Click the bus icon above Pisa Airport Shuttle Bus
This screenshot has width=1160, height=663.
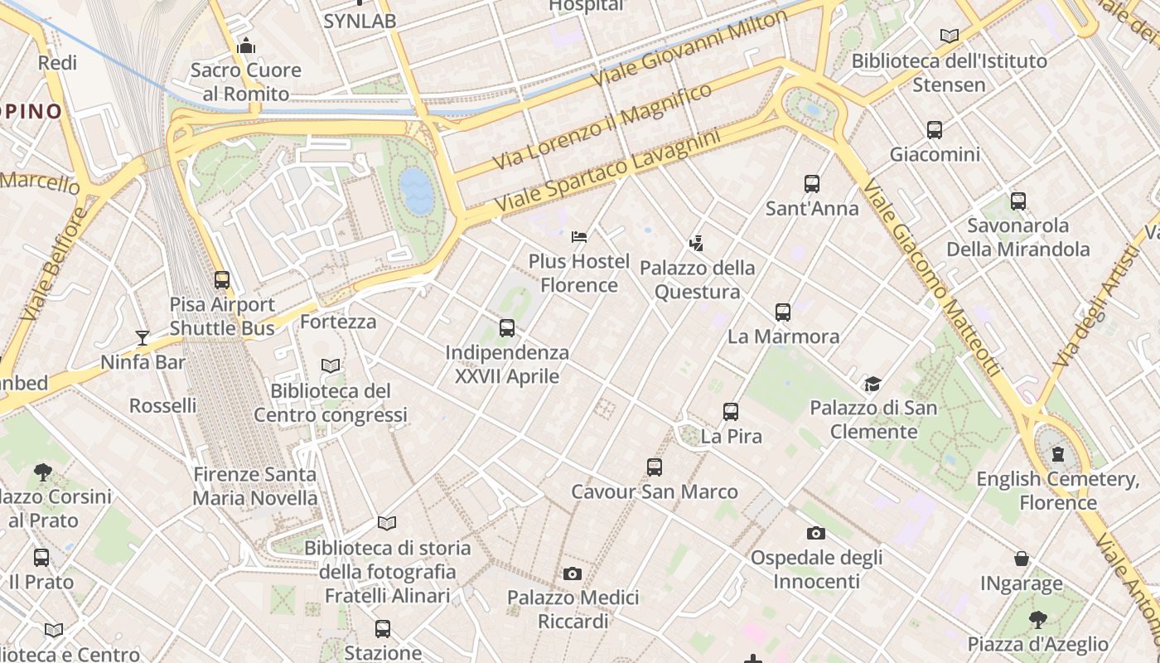coord(221,280)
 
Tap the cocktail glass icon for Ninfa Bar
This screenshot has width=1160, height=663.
coord(143,337)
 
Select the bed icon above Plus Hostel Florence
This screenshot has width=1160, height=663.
coord(579,238)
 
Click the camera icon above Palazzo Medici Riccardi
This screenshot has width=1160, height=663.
coord(572,573)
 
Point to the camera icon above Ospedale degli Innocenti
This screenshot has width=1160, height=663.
coord(816,533)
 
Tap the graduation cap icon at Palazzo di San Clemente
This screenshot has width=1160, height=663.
coord(872,384)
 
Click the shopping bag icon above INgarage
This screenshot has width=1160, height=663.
coord(1022,559)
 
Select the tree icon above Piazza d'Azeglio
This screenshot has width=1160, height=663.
coord(1037,619)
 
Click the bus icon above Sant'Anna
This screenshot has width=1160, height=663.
coord(812,184)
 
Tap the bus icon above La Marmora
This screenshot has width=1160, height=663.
coord(783,312)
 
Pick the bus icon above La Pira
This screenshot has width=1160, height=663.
coord(731,412)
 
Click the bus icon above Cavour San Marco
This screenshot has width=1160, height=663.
coord(655,467)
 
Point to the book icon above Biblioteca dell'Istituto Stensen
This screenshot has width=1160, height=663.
coord(950,36)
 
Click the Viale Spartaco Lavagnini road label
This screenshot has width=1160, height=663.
coord(607,170)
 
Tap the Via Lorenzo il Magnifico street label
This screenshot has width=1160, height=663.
coord(602,127)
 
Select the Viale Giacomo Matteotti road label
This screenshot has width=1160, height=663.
coord(932,278)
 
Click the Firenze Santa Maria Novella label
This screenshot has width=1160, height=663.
coord(255,486)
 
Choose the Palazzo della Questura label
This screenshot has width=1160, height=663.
coord(698,279)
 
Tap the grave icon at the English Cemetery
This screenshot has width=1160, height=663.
coord(1058,454)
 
